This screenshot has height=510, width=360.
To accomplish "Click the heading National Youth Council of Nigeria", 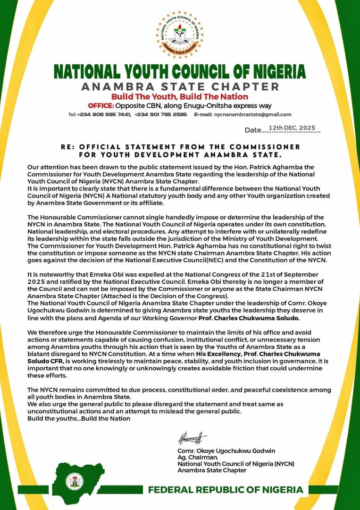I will coord(180,71).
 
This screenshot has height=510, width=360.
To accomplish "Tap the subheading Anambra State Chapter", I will coord(180,87).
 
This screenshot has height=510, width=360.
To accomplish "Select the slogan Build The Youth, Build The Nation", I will coord(180,97).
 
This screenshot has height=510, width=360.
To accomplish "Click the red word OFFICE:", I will coord(101,105).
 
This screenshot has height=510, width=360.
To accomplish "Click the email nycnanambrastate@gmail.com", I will coord(252,115).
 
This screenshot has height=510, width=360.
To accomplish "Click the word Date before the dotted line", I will coord(253,130).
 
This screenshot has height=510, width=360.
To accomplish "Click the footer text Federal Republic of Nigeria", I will coord(226,490).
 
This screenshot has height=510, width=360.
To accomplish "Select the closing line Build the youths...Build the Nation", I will coord(79,418).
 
